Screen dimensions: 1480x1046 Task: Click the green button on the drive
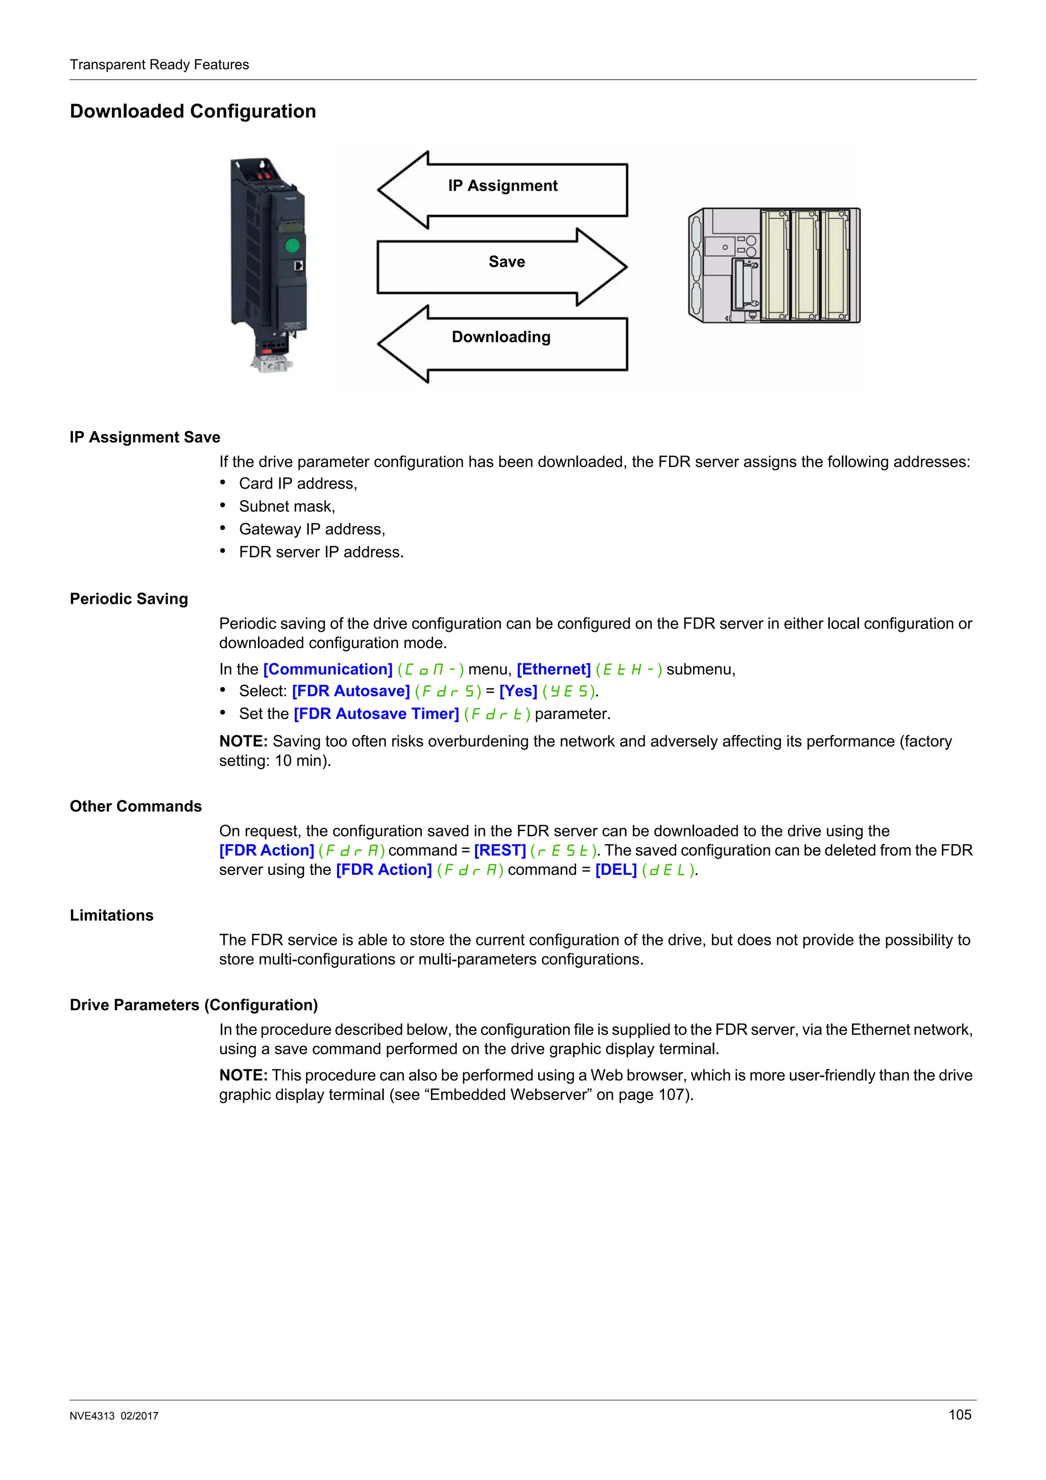tap(292, 245)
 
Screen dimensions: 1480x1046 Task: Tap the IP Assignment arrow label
tap(503, 186)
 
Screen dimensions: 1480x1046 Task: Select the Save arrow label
tap(507, 261)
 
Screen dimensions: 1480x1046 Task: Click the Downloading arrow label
tap(501, 337)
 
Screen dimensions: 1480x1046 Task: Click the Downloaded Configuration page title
tap(193, 111)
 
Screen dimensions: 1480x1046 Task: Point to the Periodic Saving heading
tap(129, 599)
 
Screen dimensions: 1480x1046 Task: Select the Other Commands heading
tap(135, 806)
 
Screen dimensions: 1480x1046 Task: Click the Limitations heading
tap(111, 915)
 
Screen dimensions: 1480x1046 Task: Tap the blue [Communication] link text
tap(327, 669)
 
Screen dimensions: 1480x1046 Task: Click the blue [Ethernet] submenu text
tap(554, 669)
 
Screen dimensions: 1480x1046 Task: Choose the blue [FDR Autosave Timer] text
tap(376, 713)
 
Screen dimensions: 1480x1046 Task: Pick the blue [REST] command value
tap(500, 850)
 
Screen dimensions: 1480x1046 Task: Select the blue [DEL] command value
tap(616, 870)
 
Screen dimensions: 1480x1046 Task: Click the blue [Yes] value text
tap(518, 691)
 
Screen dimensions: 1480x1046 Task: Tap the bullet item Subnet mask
tap(287, 507)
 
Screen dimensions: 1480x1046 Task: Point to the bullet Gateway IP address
tap(312, 529)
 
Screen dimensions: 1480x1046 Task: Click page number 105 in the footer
tap(960, 1414)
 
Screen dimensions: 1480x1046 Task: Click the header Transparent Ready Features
tap(159, 64)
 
